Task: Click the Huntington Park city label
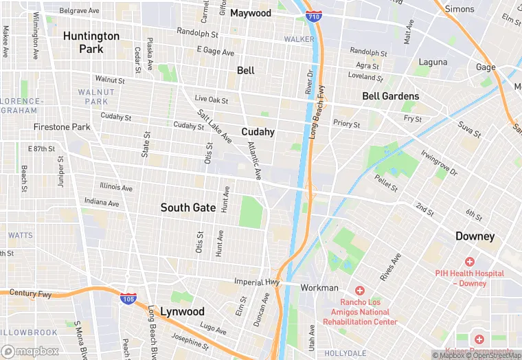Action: click(x=91, y=43)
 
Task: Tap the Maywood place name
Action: click(x=251, y=13)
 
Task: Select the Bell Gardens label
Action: click(x=390, y=96)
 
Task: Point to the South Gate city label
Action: click(x=188, y=207)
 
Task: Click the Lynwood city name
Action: click(x=182, y=311)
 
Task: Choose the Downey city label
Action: click(x=475, y=236)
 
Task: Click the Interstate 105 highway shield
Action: click(x=128, y=298)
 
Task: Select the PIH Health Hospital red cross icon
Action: click(x=470, y=262)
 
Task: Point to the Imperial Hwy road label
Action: click(x=258, y=282)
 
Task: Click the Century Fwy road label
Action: click(x=31, y=293)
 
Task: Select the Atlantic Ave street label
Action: click(x=255, y=161)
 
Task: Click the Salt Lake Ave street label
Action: click(x=214, y=126)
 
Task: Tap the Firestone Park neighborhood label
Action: click(x=62, y=127)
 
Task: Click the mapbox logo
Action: click(x=30, y=351)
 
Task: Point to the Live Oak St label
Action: click(x=211, y=100)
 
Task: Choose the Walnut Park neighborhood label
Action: click(x=93, y=97)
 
